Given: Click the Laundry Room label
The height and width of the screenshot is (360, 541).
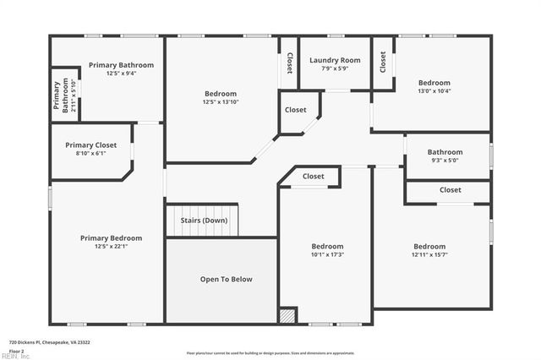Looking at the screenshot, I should [x=335, y=60].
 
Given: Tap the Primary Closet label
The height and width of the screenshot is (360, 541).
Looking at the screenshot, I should [x=91, y=145].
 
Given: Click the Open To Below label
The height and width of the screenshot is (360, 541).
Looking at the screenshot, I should [x=226, y=279].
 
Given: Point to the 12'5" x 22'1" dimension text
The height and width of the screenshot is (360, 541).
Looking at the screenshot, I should [x=112, y=247].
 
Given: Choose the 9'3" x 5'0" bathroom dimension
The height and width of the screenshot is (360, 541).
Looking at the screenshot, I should [x=445, y=160].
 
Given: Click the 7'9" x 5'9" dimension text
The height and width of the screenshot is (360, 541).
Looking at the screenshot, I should [x=335, y=68].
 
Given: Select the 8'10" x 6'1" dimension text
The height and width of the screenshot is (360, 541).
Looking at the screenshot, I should [x=91, y=154].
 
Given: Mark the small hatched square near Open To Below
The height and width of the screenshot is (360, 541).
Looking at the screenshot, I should [x=288, y=315].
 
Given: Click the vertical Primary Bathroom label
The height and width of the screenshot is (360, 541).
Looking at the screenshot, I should [x=62, y=96].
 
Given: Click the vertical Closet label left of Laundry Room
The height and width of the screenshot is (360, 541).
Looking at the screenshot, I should [x=289, y=63].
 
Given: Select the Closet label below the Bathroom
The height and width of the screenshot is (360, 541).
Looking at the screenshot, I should [x=451, y=190].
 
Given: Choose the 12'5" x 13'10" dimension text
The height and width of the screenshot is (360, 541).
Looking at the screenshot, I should [x=221, y=101].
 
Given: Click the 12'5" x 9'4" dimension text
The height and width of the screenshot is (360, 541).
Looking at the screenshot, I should [x=123, y=74].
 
